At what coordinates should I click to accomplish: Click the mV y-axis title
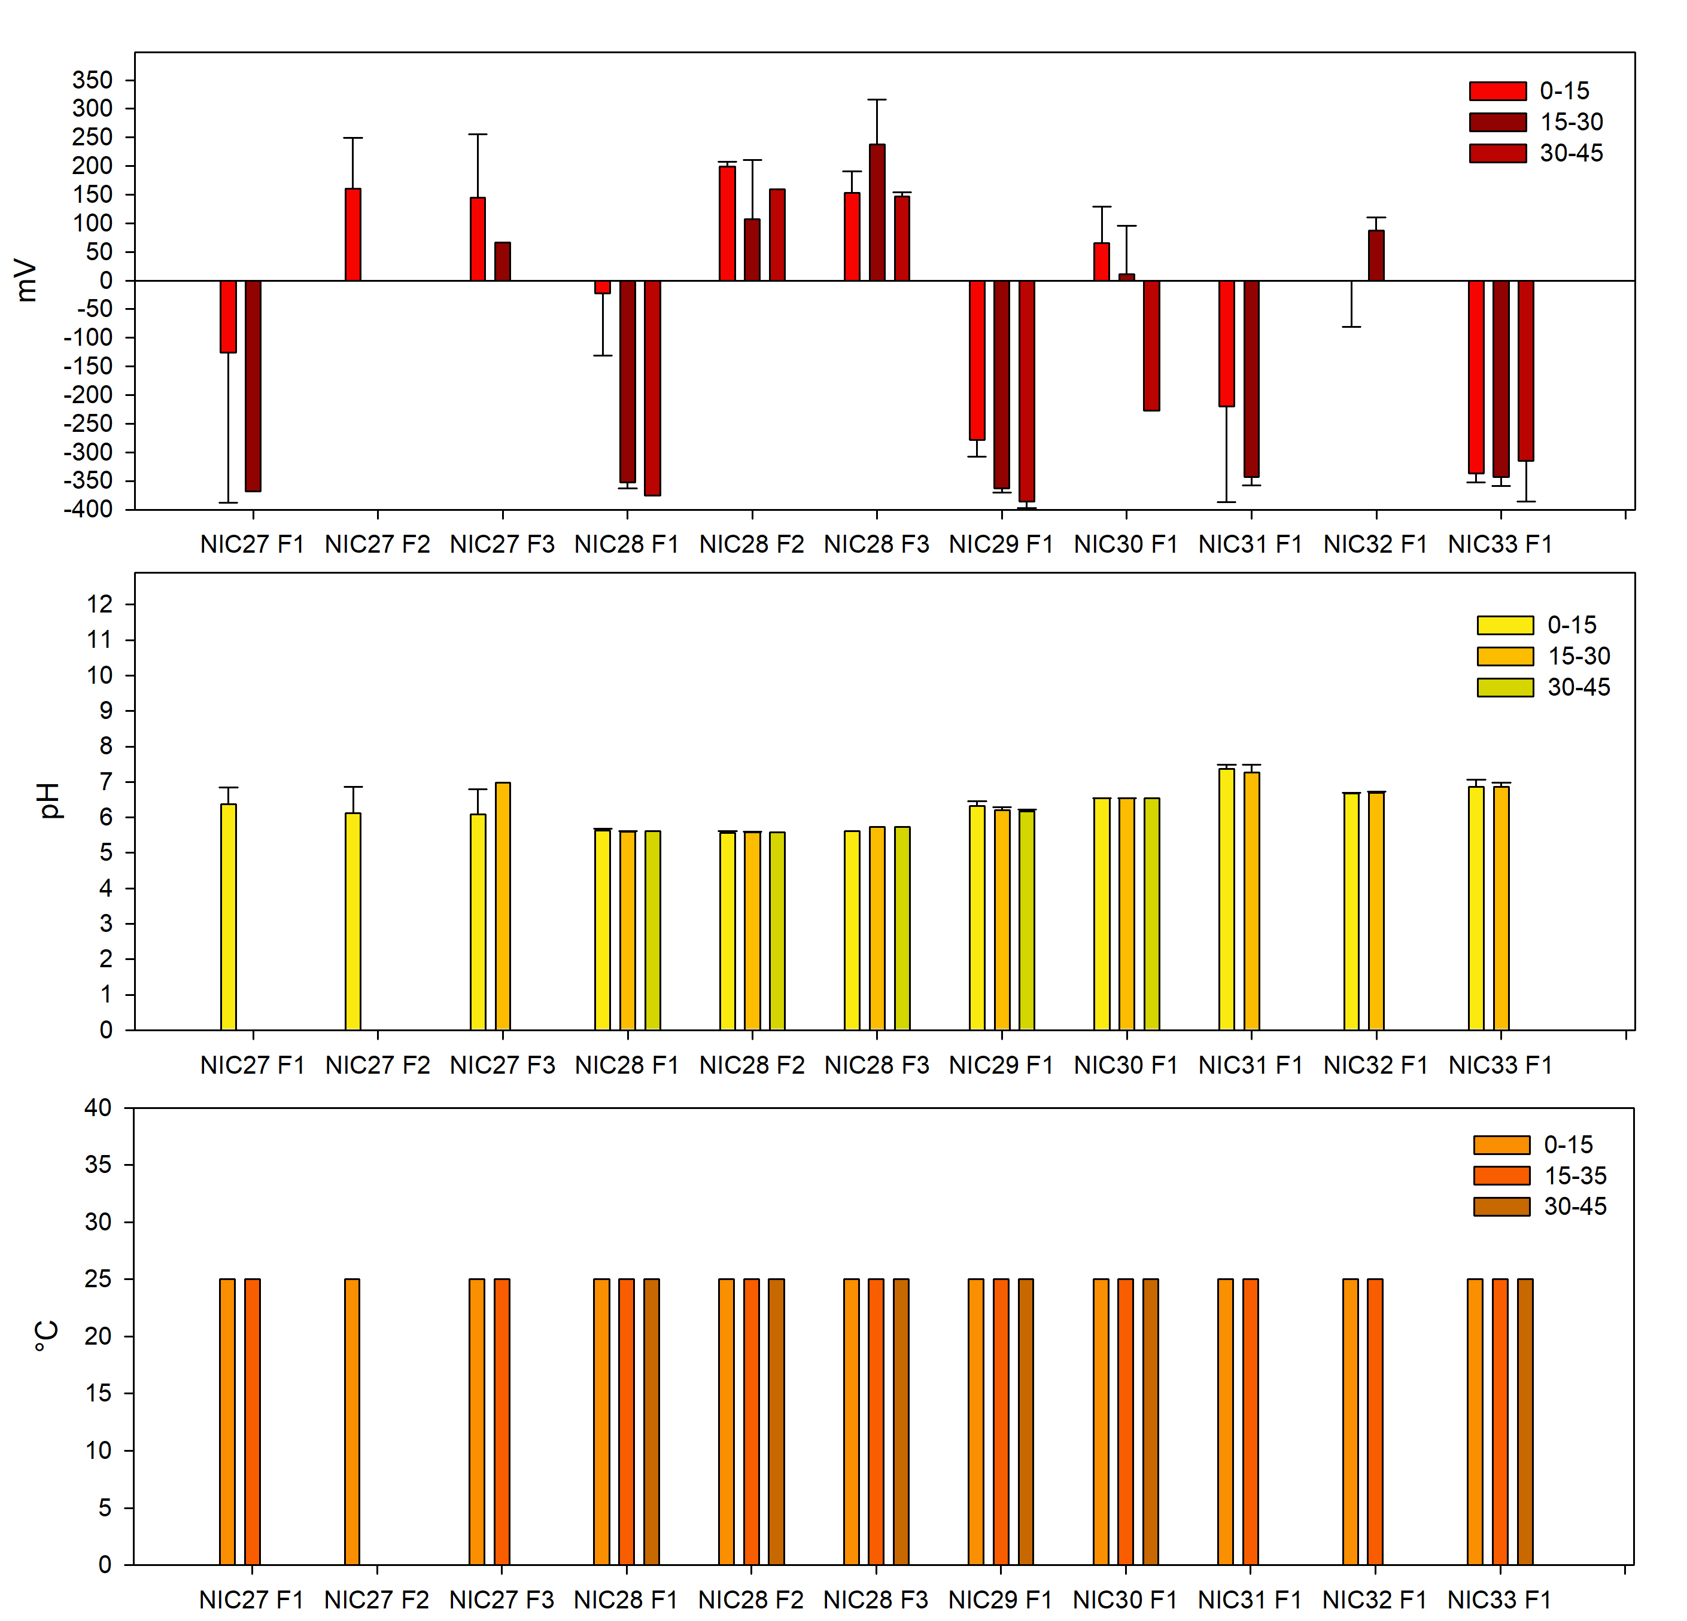28,281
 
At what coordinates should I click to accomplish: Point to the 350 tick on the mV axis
93,80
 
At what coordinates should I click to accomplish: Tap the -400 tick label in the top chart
88,510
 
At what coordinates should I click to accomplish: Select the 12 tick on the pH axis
100,604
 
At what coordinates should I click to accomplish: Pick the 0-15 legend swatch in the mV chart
1498,90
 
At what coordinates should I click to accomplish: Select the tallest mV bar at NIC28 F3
877,212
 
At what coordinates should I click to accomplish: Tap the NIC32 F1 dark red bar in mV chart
1376,255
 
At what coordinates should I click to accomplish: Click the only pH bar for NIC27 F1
228,916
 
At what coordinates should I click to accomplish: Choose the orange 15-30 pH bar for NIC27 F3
503,906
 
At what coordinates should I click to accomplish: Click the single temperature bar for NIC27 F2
352,1421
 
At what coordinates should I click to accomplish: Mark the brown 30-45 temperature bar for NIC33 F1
1525,1421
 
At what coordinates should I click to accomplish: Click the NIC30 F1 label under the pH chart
1126,1065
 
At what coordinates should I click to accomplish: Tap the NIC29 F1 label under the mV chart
1001,544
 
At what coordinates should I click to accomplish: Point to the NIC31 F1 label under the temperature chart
1250,1599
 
